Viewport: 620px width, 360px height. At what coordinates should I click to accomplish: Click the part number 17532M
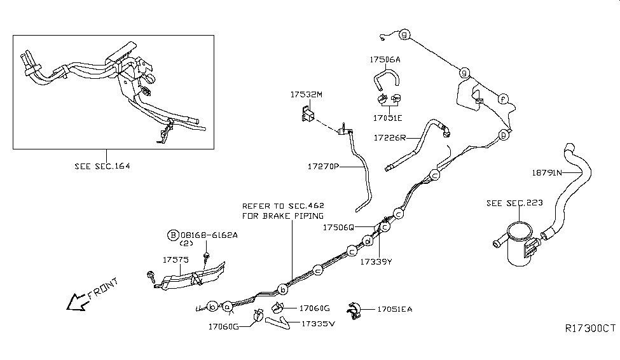point(307,95)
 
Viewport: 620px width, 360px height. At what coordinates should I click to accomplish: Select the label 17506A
point(385,60)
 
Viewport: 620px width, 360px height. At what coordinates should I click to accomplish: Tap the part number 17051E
point(387,118)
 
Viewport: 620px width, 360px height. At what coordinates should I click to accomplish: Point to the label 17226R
point(390,137)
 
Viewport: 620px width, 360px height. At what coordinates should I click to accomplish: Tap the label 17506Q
point(339,227)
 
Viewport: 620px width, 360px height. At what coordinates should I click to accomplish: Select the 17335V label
point(318,323)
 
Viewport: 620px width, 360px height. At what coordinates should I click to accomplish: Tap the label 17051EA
point(394,309)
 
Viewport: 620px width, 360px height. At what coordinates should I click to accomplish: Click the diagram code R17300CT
point(591,329)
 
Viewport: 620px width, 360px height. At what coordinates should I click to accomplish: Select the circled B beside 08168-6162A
point(173,235)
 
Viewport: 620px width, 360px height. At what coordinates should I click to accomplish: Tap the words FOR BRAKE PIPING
point(273,216)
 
